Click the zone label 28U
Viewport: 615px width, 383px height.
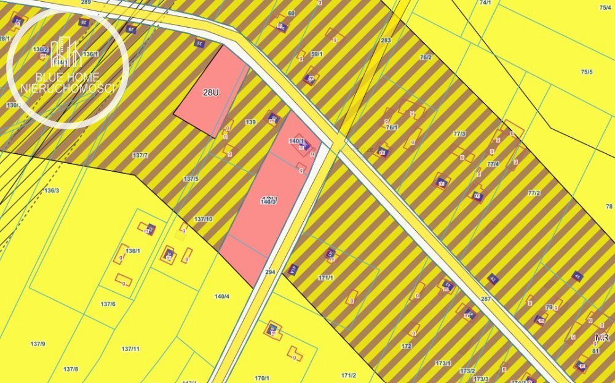pyautogui.click(x=211, y=93)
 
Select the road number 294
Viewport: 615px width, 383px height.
pyautogui.click(x=269, y=272)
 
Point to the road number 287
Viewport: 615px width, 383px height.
pyautogui.click(x=486, y=299)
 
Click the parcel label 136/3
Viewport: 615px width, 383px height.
pyautogui.click(x=52, y=190)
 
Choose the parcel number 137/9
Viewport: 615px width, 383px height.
pyautogui.click(x=38, y=343)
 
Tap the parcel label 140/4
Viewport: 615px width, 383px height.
pyautogui.click(x=222, y=296)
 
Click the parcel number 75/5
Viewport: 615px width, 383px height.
pyautogui.click(x=587, y=72)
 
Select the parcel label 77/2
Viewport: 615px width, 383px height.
pyautogui.click(x=533, y=193)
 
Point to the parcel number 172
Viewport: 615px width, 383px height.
pyautogui.click(x=406, y=347)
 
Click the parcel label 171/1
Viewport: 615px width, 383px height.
pyautogui.click(x=326, y=278)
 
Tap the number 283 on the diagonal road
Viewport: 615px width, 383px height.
pyautogui.click(x=386, y=41)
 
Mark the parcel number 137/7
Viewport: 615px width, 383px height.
pyautogui.click(x=140, y=155)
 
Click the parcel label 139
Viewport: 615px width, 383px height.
pyautogui.click(x=250, y=123)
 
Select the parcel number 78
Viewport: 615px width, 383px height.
pyautogui.click(x=609, y=206)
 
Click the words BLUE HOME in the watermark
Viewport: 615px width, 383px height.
pyautogui.click(x=68, y=78)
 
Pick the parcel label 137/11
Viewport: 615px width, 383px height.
pyautogui.click(x=130, y=349)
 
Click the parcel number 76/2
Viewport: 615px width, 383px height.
pyautogui.click(x=426, y=57)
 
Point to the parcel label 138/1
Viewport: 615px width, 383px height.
pyautogui.click(x=133, y=251)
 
